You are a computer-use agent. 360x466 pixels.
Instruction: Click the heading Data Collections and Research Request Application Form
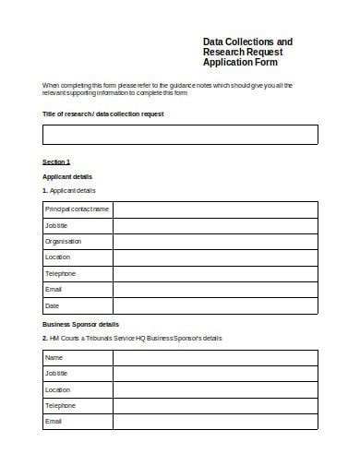(x=247, y=54)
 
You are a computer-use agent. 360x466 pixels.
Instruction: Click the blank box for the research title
(x=180, y=135)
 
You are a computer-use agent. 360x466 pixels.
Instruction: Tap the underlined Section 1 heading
(x=56, y=161)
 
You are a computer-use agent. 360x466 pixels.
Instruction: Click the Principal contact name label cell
(x=77, y=209)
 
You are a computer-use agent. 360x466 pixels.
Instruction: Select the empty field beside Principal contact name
(x=215, y=209)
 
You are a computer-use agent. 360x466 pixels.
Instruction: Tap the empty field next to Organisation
(x=215, y=241)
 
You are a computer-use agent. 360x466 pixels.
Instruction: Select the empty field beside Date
(x=215, y=305)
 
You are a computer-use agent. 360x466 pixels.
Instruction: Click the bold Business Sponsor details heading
(x=80, y=325)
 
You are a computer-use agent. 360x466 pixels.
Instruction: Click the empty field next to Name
(x=215, y=357)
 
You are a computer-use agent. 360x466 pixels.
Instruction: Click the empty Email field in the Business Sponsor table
(x=215, y=422)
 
